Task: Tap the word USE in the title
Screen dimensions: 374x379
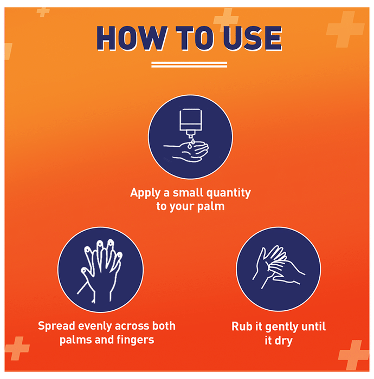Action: coord(253,38)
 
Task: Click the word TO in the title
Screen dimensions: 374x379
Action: coord(195,38)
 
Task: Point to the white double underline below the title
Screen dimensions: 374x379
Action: coord(189,64)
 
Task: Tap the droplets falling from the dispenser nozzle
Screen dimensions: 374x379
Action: coord(191,143)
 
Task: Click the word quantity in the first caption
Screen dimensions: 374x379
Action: coord(229,193)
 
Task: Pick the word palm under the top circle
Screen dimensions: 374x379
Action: coord(211,206)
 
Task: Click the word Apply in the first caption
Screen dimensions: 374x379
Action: coord(145,193)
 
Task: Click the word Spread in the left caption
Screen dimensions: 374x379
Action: coord(56,326)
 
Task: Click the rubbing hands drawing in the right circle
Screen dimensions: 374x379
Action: coord(278,267)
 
